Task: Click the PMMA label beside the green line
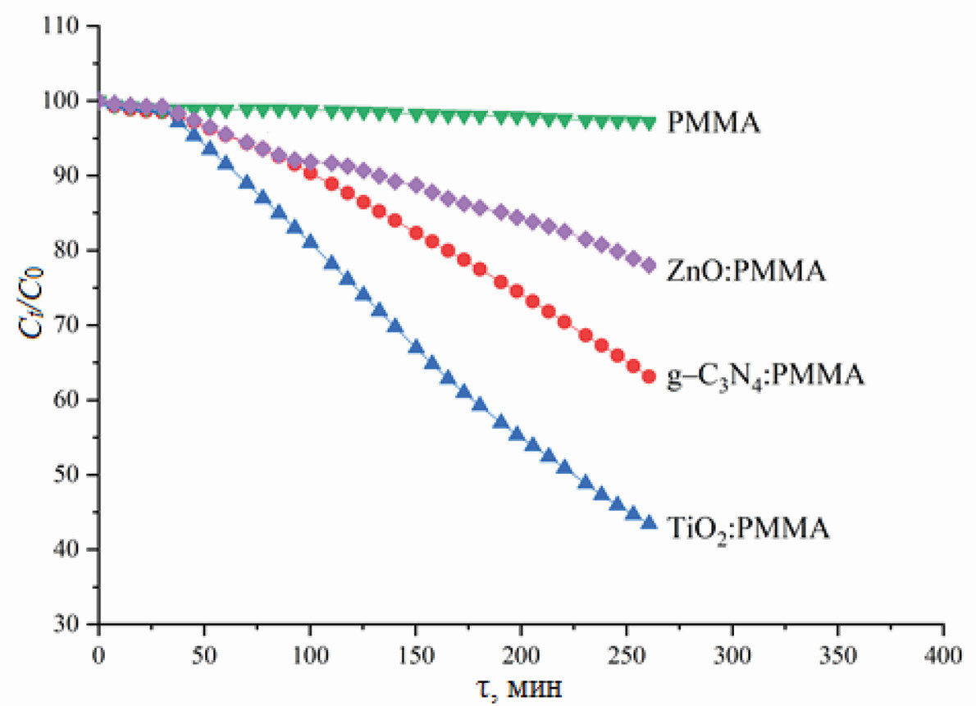[x=714, y=125]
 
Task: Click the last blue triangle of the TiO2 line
[x=650, y=522]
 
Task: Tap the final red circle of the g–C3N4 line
[x=650, y=376]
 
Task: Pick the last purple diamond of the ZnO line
[x=650, y=265]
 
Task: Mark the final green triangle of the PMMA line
[x=650, y=123]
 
